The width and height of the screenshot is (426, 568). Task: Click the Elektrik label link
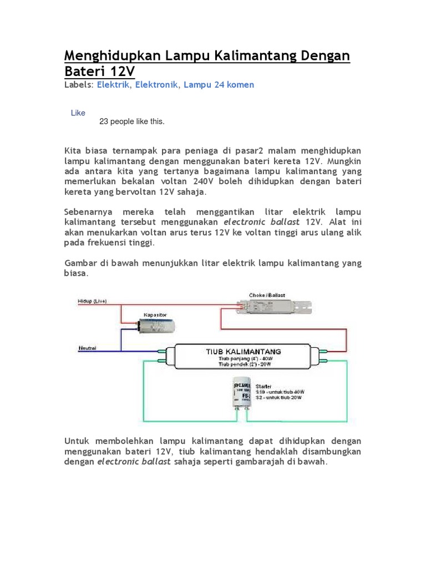click(113, 85)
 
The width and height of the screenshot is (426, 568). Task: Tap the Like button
click(78, 113)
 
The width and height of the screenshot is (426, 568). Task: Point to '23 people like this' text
click(131, 121)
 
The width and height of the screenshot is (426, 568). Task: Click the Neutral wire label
click(87, 348)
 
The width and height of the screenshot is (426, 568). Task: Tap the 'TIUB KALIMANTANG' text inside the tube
click(244, 352)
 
